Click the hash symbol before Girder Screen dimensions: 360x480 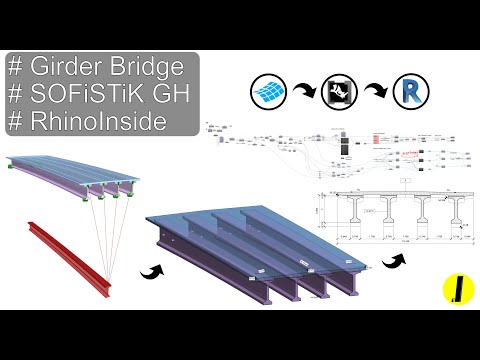(x=16, y=68)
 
